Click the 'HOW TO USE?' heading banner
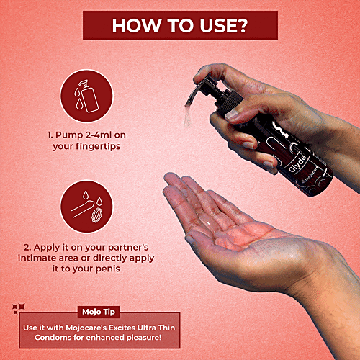[179, 24]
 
